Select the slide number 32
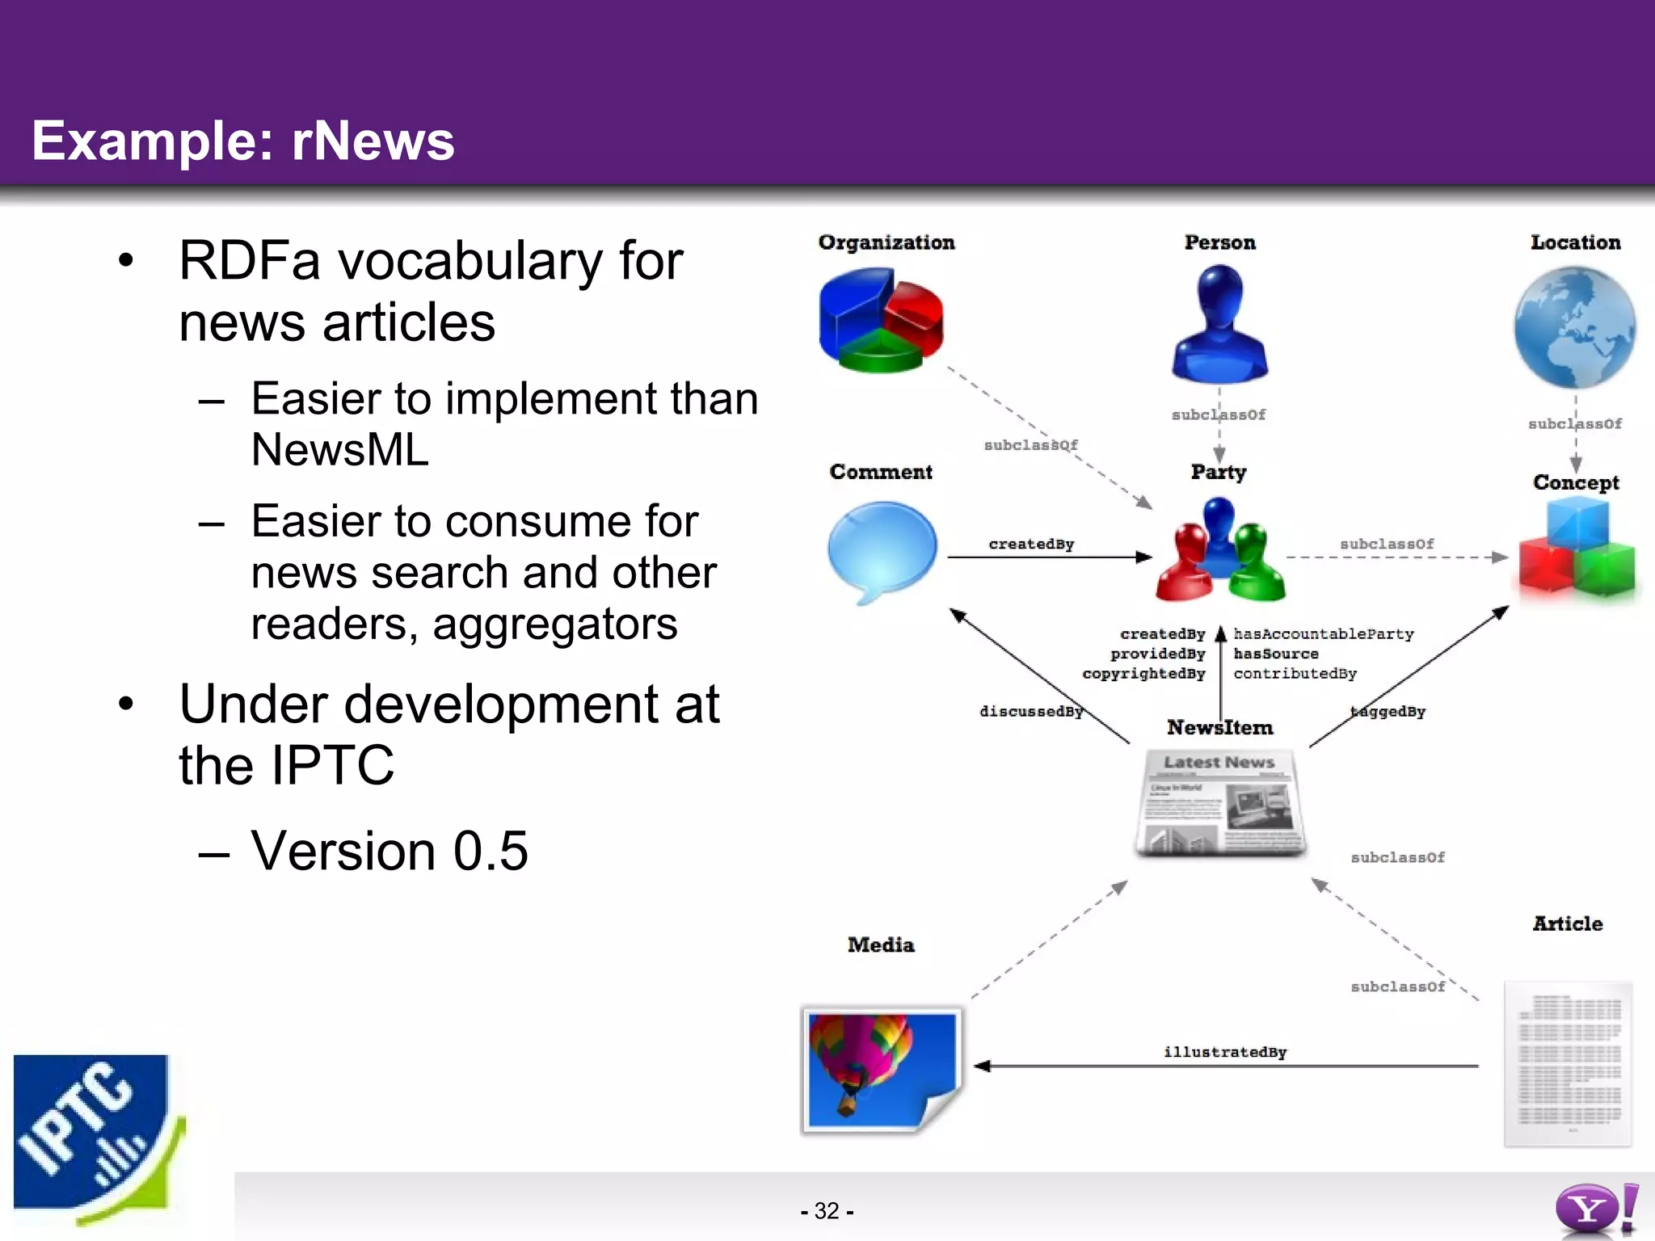(827, 1210)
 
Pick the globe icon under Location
(1574, 327)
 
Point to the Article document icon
(1568, 1063)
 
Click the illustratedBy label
(1224, 1052)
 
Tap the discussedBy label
(1030, 711)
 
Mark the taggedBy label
(1388, 711)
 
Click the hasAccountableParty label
(1324, 634)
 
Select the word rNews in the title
(373, 141)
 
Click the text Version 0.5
(389, 851)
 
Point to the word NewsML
(339, 450)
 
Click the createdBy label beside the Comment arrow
(1031, 544)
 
